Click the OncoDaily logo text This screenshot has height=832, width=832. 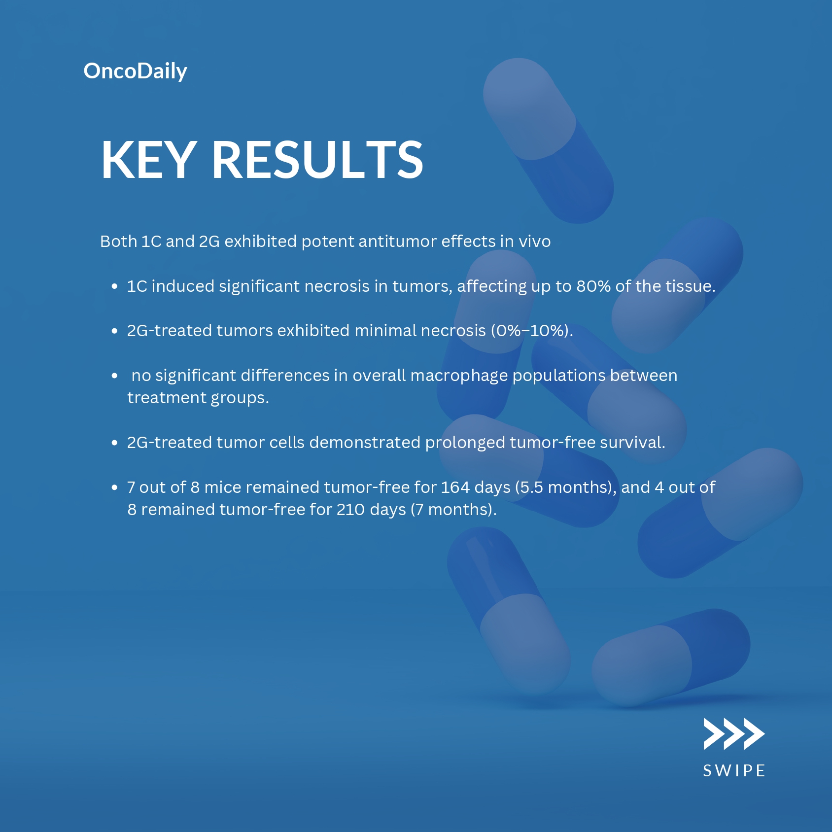[136, 71]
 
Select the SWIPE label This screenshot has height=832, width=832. [734, 771]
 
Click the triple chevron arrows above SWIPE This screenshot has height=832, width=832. [734, 734]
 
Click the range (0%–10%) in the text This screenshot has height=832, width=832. [532, 331]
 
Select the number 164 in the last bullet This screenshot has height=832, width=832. [455, 487]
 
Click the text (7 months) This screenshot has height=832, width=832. [453, 510]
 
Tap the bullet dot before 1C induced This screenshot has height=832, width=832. [114, 286]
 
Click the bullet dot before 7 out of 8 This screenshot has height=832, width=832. [114, 487]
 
